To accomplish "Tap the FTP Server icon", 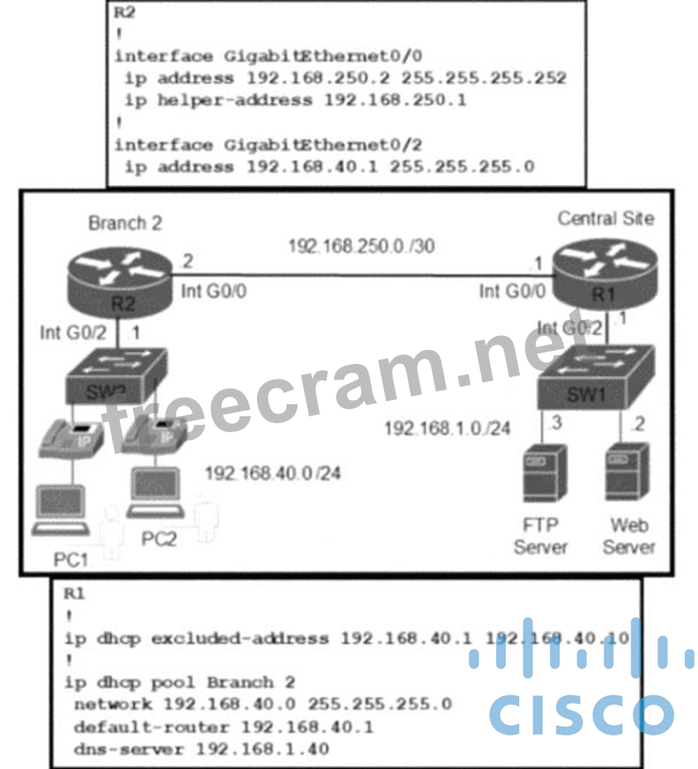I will pyautogui.click(x=544, y=472).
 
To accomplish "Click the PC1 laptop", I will pyautogui.click(x=62, y=513).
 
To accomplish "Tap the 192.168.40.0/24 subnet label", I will pyautogui.click(x=273, y=473).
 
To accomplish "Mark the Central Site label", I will pyautogui.click(x=606, y=219).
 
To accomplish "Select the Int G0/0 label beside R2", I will pyautogui.click(x=205, y=291).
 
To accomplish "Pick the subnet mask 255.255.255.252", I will pyautogui.click(x=490, y=78).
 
